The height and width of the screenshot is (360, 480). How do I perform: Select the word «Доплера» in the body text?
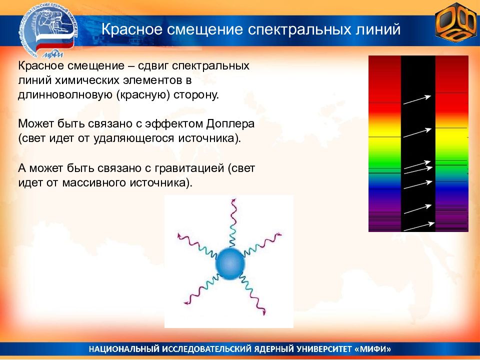(230, 123)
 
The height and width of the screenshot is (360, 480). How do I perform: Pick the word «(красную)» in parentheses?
(143, 95)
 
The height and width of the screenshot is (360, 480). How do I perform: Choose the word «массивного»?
(94, 183)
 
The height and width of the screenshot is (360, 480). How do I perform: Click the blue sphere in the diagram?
(230, 264)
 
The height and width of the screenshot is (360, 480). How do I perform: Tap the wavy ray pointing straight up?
(233, 223)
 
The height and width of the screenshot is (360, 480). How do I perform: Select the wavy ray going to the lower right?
(253, 294)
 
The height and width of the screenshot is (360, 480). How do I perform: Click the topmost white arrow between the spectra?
(417, 100)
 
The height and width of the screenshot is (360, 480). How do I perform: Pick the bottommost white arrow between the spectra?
(419, 226)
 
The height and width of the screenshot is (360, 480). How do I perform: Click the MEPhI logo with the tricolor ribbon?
(49, 32)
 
